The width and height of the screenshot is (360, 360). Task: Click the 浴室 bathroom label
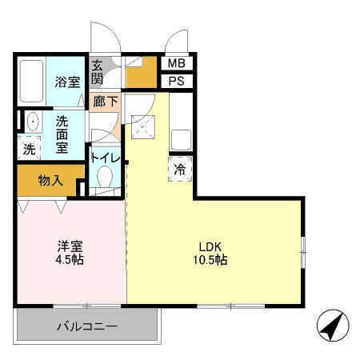tap(66, 82)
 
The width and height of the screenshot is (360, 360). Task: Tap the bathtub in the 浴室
tap(30, 82)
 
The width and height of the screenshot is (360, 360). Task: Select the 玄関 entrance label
tap(97, 72)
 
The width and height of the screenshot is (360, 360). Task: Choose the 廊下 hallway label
tap(104, 102)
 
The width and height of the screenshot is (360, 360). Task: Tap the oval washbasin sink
tap(33, 122)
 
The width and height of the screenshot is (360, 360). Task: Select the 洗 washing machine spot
tap(29, 149)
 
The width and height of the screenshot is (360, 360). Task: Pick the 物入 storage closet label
tap(50, 180)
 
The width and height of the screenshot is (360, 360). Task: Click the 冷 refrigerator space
tap(180, 170)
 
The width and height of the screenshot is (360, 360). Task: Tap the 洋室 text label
tap(70, 245)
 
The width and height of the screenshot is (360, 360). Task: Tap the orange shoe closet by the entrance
tap(143, 74)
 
